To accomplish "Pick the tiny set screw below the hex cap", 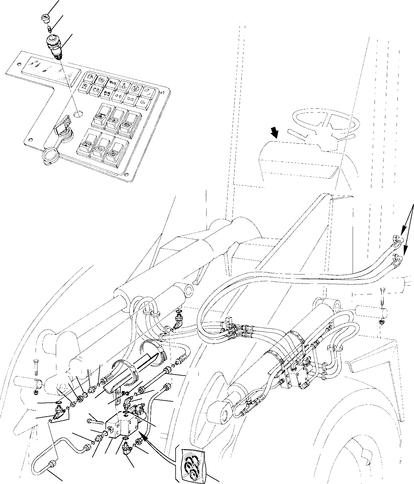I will (x=50, y=28).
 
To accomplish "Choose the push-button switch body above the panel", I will (x=54, y=45).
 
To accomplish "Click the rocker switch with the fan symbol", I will (x=114, y=152).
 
